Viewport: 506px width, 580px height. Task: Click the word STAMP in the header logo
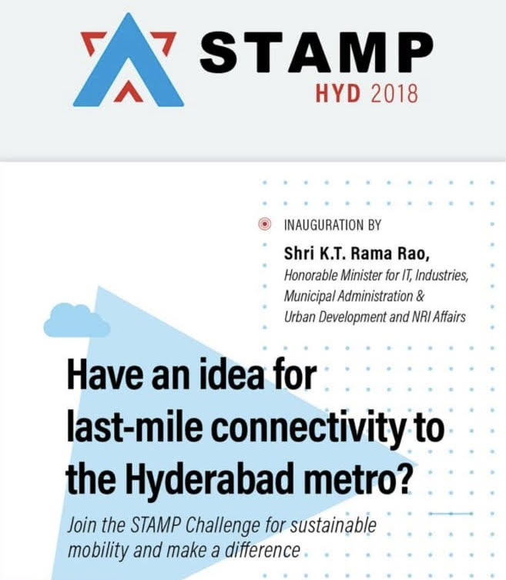tap(317, 52)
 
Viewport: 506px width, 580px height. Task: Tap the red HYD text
tap(337, 93)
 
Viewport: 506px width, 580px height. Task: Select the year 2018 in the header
tap(394, 93)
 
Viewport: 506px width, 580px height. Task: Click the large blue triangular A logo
tap(129, 70)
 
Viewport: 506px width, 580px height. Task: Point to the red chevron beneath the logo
tap(129, 91)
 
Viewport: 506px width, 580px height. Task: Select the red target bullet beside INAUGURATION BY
tap(264, 224)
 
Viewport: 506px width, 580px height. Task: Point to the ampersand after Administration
tap(421, 296)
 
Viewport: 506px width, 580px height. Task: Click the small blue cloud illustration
tap(77, 320)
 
